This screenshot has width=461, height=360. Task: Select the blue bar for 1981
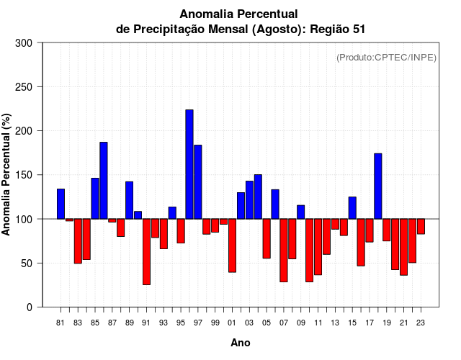(x=61, y=204)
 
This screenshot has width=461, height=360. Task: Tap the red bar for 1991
(x=147, y=251)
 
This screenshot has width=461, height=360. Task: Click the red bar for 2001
(x=233, y=245)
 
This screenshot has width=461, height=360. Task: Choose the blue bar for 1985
(x=95, y=198)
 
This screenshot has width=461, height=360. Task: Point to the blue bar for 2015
(x=352, y=207)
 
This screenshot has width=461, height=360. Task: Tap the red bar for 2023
(x=421, y=226)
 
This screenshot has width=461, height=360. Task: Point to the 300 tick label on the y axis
(x=24, y=43)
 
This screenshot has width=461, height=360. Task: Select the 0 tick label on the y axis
(x=29, y=307)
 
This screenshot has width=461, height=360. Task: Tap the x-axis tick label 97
(x=198, y=323)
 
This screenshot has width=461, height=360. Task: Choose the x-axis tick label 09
(x=301, y=323)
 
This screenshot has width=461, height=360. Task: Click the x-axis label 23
(x=421, y=323)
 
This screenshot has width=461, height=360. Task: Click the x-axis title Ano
(x=241, y=343)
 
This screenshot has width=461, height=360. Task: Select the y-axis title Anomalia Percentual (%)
(x=7, y=174)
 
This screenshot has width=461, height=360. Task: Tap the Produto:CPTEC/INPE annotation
(x=387, y=57)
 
